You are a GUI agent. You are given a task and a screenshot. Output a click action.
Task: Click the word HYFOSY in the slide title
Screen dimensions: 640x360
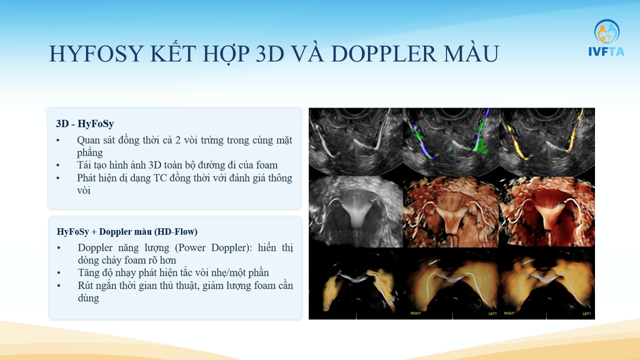pos(96,53)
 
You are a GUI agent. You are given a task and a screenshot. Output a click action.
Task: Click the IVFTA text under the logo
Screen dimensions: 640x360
pos(606,51)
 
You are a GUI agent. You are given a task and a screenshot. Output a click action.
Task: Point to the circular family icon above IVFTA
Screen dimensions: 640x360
pos(607,31)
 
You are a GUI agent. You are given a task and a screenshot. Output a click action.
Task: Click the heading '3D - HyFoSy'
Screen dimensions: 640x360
pos(85,123)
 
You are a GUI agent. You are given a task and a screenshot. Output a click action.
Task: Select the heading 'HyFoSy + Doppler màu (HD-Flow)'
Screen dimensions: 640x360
pos(127,231)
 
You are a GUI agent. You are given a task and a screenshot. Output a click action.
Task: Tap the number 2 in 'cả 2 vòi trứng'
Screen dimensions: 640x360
pos(177,140)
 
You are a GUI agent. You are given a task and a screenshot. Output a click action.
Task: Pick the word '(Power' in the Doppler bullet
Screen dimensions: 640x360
pos(190,247)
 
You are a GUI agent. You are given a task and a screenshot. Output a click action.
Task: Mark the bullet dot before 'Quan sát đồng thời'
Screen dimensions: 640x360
pos(58,140)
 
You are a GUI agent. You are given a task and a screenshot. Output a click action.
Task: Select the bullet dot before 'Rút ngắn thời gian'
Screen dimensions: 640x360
pos(59,285)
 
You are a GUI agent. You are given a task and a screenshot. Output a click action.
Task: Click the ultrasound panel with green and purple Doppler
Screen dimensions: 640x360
pos(451,142)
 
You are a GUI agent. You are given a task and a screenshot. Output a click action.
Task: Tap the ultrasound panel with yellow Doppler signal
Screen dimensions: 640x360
pos(547,142)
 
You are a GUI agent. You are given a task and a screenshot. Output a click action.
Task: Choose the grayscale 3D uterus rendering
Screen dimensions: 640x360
pos(355,211)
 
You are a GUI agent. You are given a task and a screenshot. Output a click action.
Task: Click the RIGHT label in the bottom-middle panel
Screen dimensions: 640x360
pos(415,313)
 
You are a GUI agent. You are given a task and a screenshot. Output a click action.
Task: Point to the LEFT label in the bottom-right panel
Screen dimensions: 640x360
pos(587,313)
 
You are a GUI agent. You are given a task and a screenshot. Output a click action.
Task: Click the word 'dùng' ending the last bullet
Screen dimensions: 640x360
pos(88,298)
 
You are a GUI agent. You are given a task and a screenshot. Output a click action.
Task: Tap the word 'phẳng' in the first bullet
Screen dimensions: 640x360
pos(89,153)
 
